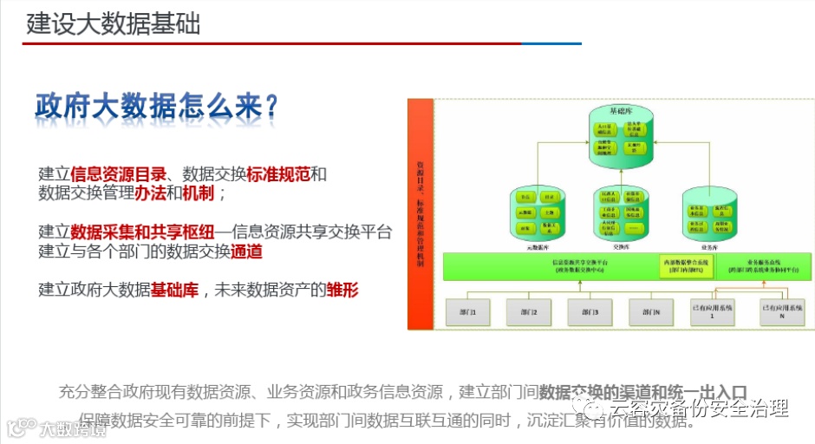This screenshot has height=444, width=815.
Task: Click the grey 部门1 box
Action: [468, 311]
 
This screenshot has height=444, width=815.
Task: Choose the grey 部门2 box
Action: [530, 311]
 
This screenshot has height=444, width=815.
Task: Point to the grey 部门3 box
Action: [590, 311]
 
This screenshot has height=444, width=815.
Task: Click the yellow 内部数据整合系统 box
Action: [673, 266]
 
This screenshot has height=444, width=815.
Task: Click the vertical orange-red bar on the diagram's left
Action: [421, 213]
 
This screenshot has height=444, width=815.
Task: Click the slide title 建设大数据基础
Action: [113, 23]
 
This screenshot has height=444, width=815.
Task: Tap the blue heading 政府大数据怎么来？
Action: [156, 106]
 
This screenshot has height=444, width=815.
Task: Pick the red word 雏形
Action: [342, 290]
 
